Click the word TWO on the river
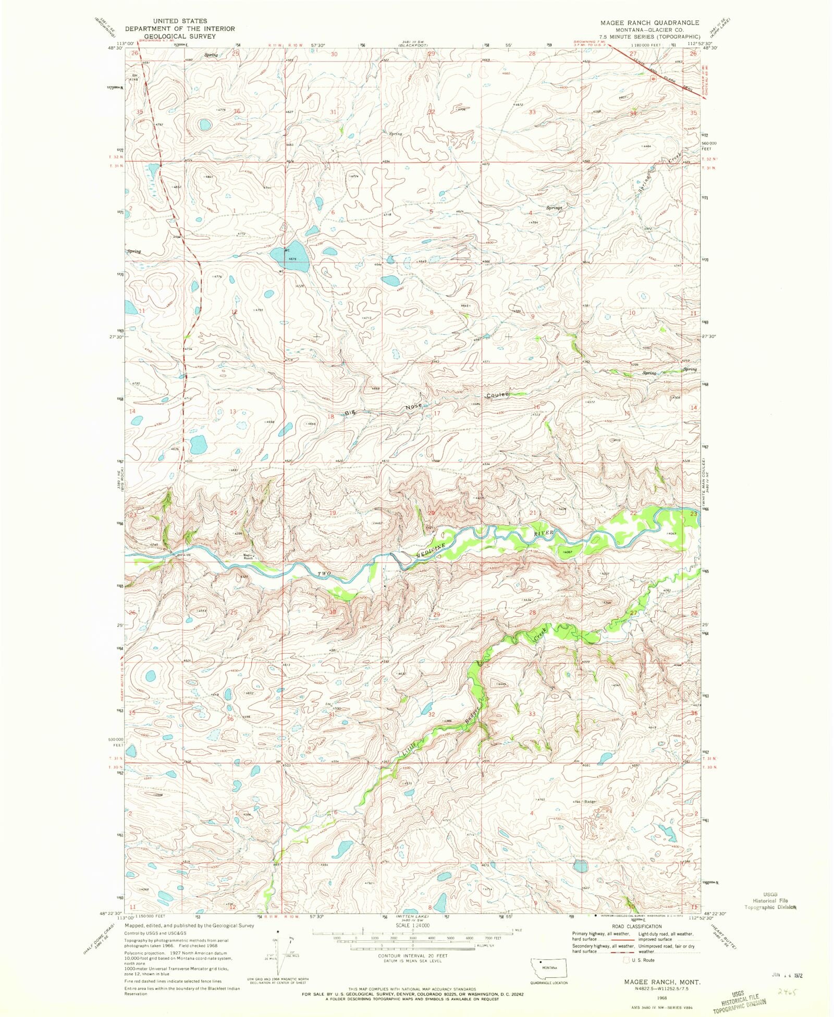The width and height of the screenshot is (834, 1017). [x=325, y=573]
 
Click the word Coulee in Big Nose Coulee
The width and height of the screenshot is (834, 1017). [x=498, y=395]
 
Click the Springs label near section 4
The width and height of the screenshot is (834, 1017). [x=554, y=207]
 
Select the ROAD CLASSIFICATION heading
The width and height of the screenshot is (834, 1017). [x=636, y=926]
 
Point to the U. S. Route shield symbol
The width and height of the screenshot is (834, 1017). [x=627, y=960]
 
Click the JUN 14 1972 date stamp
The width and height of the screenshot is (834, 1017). [x=785, y=973]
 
